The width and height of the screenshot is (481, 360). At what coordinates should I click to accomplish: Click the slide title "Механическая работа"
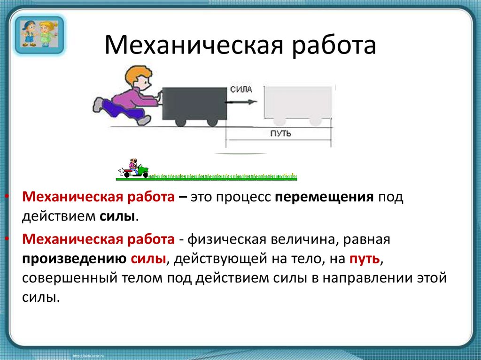[x=240, y=46]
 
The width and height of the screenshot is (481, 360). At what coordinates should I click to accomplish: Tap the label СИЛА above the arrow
[x=241, y=89]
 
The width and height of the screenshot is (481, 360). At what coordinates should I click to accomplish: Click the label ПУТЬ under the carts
[x=280, y=134]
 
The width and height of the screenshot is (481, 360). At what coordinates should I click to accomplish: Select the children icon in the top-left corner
[x=38, y=34]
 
